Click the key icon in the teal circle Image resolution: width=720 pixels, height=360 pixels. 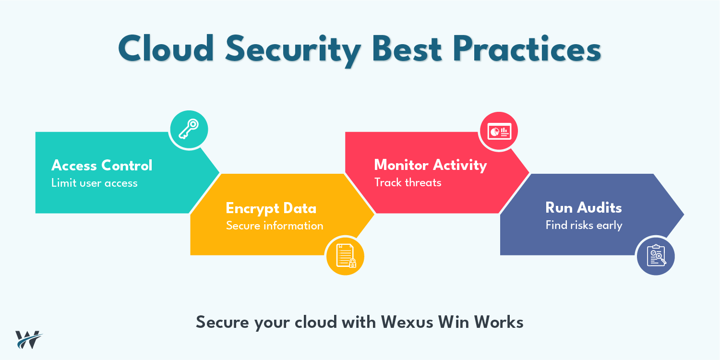(189, 129)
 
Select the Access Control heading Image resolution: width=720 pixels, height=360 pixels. (102, 166)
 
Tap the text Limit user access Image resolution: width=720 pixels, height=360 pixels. (95, 183)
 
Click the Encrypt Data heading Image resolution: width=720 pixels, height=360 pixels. (271, 208)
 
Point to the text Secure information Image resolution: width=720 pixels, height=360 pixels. (275, 226)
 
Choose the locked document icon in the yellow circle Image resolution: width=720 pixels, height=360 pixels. (345, 255)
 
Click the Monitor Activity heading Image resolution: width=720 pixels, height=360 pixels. (431, 165)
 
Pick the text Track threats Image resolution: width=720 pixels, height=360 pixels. (408, 182)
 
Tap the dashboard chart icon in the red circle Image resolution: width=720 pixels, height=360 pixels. (499, 131)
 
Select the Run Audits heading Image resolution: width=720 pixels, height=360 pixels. (584, 208)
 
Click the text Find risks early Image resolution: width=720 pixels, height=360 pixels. (584, 225)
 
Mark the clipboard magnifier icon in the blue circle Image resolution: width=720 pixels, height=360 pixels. (656, 255)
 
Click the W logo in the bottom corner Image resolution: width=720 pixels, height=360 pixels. (29, 339)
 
